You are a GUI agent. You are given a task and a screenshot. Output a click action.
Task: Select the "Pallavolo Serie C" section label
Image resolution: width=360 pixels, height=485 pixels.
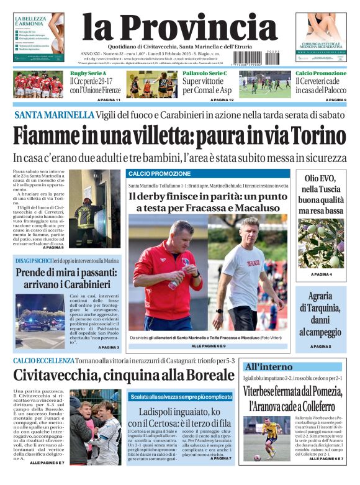[205, 73]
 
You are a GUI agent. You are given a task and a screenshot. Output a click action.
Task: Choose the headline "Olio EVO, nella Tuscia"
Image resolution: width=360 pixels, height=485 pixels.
[320, 190]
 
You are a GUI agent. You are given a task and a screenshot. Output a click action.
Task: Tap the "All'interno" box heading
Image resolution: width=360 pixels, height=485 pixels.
[269, 366]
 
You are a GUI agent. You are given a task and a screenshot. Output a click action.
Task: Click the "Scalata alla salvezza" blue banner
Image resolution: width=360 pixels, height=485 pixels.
[181, 396]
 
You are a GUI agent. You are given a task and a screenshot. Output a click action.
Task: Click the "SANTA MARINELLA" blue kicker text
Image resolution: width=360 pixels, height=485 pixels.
[54, 116]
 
